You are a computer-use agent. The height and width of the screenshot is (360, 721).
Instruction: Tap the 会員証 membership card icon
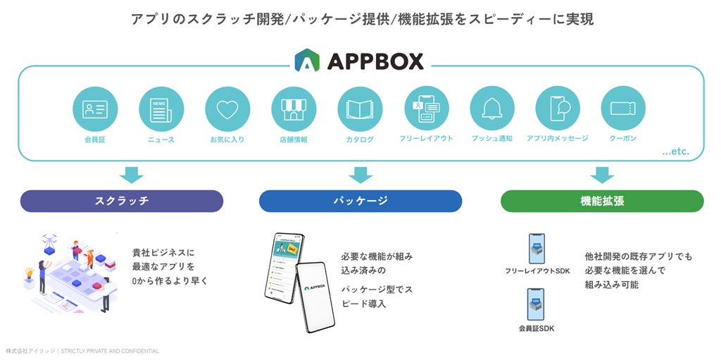pyautogui.click(x=95, y=109)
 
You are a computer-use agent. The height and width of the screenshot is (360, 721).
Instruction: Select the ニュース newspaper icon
pyautogui.click(x=161, y=109)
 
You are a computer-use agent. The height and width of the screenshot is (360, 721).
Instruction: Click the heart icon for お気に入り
pyautogui.click(x=227, y=109)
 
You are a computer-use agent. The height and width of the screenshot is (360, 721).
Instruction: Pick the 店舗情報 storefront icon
pyautogui.click(x=294, y=109)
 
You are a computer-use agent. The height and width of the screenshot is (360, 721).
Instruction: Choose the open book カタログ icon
pyautogui.click(x=360, y=109)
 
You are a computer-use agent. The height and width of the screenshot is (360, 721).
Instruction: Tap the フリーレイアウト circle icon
pyautogui.click(x=426, y=109)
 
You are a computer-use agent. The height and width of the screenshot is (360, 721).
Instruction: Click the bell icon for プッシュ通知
pyautogui.click(x=492, y=109)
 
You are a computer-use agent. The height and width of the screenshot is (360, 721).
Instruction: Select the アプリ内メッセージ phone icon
pyautogui.click(x=558, y=109)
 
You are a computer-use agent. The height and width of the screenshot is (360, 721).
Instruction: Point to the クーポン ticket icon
pyautogui.click(x=623, y=109)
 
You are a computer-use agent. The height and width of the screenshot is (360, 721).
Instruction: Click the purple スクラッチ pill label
pyautogui.click(x=122, y=201)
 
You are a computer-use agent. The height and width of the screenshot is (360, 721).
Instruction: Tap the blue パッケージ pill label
pyautogui.click(x=360, y=201)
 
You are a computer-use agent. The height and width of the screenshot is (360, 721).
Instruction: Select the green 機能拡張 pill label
pyautogui.click(x=602, y=201)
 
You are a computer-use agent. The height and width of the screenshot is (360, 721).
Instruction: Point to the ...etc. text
pyautogui.click(x=675, y=151)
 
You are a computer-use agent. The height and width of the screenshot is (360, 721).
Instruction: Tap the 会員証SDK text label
pyautogui.click(x=537, y=328)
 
